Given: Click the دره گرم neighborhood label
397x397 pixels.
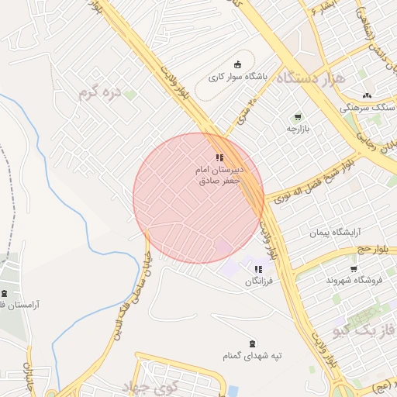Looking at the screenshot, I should click(101, 93).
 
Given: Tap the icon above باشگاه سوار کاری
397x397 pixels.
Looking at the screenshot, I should click(237, 64).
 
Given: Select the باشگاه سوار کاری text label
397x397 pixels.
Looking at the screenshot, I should click(238, 78).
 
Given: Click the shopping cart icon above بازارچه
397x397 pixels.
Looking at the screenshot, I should click(298, 117).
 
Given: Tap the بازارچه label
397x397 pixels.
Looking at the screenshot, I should click(298, 129).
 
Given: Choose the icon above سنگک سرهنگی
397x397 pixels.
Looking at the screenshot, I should click(367, 95).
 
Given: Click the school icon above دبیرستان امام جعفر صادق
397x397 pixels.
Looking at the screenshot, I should click(219, 157).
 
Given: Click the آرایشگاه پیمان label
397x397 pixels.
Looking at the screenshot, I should click(336, 232).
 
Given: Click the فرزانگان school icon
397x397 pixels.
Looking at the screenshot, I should click(257, 269).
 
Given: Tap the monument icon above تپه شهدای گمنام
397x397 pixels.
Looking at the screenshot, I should click(251, 343).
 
